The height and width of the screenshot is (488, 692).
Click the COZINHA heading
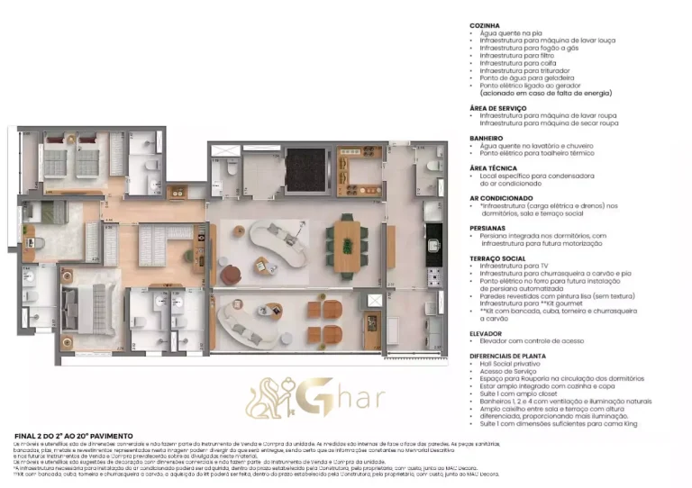[485, 25]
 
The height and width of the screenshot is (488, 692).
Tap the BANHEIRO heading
[487, 138]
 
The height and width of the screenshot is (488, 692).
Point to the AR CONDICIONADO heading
[502, 197]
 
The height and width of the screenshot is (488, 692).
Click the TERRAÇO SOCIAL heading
[499, 258]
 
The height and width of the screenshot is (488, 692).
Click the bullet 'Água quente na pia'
[514, 33]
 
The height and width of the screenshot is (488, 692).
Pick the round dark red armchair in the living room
[232, 273]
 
